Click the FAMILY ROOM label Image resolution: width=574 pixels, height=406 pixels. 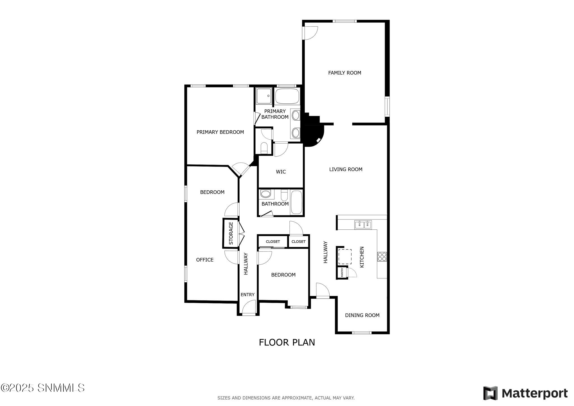click(x=344, y=73)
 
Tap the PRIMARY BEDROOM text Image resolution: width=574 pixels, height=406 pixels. click(x=220, y=132)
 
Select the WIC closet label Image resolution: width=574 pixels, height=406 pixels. click(x=281, y=172)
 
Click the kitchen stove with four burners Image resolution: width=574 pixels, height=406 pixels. click(x=382, y=257)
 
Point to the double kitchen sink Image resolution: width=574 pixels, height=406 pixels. click(x=363, y=225)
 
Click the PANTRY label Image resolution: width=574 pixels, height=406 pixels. click(x=342, y=272)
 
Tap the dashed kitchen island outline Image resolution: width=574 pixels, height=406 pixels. click(x=345, y=257)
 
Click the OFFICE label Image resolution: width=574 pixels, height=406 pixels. click(x=205, y=260)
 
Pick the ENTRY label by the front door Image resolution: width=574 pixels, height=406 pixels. click(x=247, y=295)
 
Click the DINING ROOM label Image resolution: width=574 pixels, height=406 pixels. click(x=362, y=315)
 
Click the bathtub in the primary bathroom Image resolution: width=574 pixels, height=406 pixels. click(x=287, y=96)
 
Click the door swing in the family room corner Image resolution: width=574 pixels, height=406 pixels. click(x=311, y=33)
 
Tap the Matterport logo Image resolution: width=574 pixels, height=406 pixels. click(x=525, y=393)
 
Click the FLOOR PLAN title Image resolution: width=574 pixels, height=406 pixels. click(x=287, y=342)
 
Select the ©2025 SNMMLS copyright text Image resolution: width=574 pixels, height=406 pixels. click(x=43, y=388)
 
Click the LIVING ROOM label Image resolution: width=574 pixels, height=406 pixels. click(x=346, y=169)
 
